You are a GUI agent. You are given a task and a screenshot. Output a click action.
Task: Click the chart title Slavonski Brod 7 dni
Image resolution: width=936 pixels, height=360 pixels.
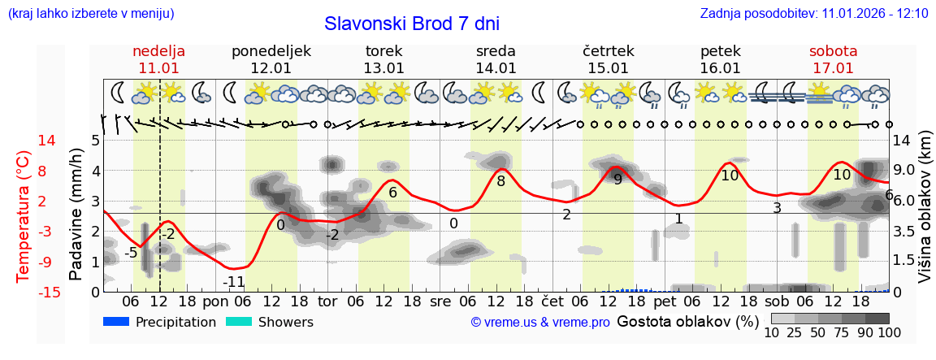[411, 24]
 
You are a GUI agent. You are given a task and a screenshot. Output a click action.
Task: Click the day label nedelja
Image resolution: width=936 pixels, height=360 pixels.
[159, 51]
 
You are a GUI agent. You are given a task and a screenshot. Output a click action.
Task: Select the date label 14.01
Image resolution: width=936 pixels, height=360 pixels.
[496, 68]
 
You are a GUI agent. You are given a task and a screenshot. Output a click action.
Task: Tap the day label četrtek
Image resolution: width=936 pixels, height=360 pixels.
[609, 51]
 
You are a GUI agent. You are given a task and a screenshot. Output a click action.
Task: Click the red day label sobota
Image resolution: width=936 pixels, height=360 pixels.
[833, 51]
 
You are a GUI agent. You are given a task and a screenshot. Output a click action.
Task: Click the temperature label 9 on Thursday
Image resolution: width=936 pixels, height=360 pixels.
[617, 180]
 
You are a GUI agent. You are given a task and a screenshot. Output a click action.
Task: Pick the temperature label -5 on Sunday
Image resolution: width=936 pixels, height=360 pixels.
[130, 253]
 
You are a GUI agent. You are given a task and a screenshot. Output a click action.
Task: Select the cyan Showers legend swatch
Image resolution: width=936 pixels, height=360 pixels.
[240, 322]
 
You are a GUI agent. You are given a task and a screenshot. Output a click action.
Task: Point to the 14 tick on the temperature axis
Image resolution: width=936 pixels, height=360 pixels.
[24, 141]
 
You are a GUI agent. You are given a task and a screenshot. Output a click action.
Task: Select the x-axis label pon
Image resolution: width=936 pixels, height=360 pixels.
[215, 301]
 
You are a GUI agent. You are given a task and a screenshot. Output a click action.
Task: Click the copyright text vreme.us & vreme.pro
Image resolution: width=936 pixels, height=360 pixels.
[540, 323]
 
